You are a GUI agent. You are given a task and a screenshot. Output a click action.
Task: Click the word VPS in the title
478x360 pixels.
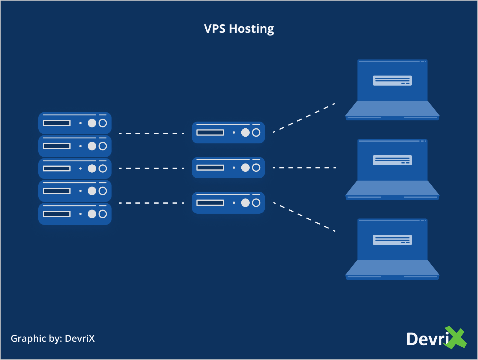click(x=215, y=29)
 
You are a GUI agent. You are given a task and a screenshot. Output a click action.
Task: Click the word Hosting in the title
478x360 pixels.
click(x=251, y=29)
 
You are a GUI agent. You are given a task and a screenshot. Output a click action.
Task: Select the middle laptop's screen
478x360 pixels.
click(x=392, y=173)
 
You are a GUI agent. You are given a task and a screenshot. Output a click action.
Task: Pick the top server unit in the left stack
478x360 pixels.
click(x=75, y=123)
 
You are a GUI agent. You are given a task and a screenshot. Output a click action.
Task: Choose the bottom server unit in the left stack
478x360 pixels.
click(x=75, y=214)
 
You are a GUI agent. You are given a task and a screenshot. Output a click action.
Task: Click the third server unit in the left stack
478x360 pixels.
click(x=75, y=168)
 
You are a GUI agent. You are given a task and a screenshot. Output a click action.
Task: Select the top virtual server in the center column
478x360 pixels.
click(x=228, y=132)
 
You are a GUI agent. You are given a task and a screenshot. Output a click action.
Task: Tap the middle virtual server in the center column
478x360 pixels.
click(x=228, y=168)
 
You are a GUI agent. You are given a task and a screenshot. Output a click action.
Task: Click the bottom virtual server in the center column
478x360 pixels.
click(x=228, y=203)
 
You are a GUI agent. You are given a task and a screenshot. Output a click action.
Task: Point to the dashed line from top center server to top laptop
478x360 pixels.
click(x=304, y=118)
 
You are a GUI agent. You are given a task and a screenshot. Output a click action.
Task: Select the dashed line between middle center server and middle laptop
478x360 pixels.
click(x=304, y=168)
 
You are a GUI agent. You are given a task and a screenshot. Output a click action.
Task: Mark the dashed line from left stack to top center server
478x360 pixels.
click(x=151, y=133)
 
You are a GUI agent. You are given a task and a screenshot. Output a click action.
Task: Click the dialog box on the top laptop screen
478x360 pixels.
click(x=392, y=81)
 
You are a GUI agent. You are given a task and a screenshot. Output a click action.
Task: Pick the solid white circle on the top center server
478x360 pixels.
click(x=245, y=132)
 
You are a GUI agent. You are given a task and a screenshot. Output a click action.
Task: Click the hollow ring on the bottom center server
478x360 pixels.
click(x=256, y=203)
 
